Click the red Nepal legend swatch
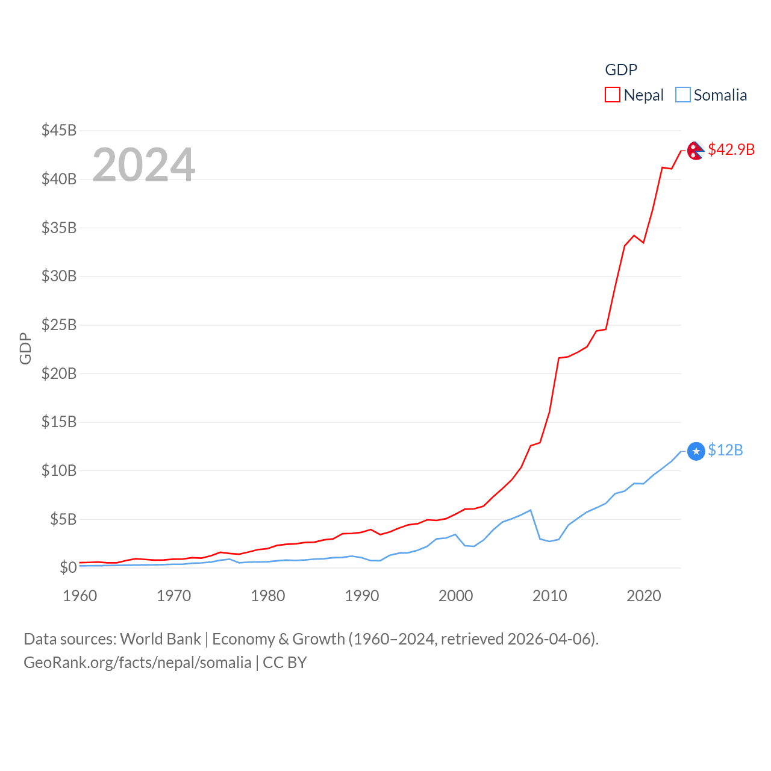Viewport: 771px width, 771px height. point(613,95)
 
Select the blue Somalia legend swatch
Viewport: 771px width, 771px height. point(682,95)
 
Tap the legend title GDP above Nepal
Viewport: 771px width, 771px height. point(621,70)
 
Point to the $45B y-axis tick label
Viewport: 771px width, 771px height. point(59,130)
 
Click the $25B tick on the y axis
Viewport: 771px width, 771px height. point(59,325)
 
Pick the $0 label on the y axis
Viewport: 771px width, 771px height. point(68,567)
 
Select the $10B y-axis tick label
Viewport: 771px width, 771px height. point(59,470)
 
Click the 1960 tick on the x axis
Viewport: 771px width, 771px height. point(80,596)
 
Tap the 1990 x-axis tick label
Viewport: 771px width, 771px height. point(362,596)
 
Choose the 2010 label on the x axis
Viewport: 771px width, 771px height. point(550,596)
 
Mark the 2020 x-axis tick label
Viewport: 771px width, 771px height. point(644,596)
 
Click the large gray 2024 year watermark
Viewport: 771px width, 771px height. point(144,164)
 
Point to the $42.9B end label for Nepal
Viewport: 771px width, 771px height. point(731,149)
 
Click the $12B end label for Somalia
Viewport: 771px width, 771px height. point(725,450)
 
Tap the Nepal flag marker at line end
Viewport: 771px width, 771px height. point(696,151)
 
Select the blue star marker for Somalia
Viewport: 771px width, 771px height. point(696,451)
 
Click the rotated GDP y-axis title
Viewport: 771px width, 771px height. point(25,348)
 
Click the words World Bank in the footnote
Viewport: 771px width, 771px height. point(161,639)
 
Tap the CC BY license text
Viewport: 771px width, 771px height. point(285,663)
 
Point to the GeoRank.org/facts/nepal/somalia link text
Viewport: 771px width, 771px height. point(137,663)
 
